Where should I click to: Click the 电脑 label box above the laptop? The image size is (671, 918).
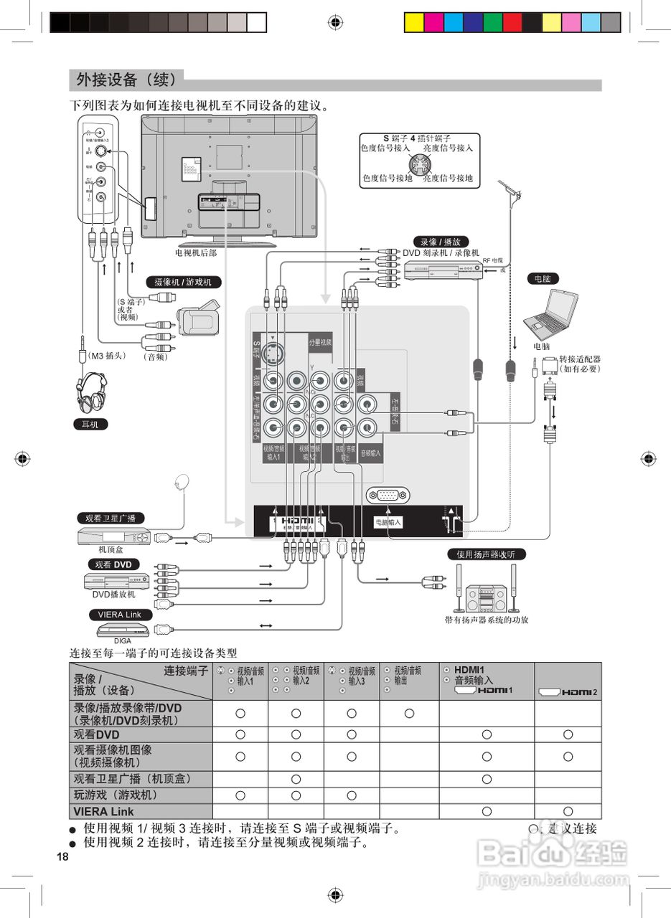click(543, 278)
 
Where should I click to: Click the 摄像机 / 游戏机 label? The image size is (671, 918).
click(183, 282)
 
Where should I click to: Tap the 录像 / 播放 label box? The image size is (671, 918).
click(441, 242)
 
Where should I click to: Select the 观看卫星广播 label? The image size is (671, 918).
click(111, 518)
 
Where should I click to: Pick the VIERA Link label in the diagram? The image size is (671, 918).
click(120, 615)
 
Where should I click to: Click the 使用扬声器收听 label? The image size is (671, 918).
click(486, 554)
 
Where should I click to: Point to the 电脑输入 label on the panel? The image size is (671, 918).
click(388, 523)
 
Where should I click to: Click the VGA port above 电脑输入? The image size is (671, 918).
click(388, 495)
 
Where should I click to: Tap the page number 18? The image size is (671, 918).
click(62, 857)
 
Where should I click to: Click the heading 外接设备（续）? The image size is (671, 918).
click(126, 78)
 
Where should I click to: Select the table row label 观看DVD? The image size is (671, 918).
click(96, 734)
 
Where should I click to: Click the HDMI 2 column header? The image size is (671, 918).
click(568, 692)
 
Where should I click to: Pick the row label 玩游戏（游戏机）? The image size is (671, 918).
click(115, 795)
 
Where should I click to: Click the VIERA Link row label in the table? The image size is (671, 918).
click(103, 812)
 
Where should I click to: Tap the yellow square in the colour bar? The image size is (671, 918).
click(414, 22)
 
